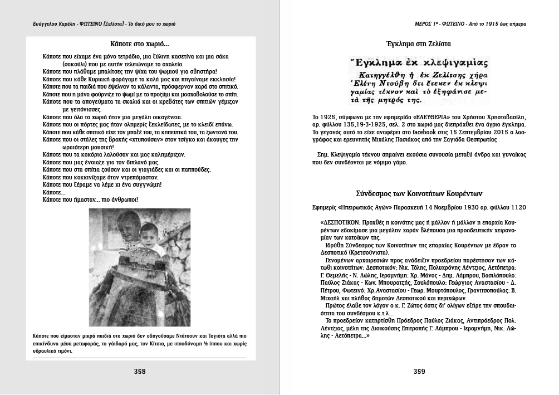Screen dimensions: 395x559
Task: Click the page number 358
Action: (140, 372)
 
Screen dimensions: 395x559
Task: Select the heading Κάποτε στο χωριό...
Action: (140, 43)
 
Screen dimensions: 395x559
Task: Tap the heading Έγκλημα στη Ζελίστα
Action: (418, 43)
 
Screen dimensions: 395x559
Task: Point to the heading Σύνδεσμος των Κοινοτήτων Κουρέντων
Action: (419, 194)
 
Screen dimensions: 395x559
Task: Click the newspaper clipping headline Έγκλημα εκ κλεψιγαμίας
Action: (418, 62)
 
